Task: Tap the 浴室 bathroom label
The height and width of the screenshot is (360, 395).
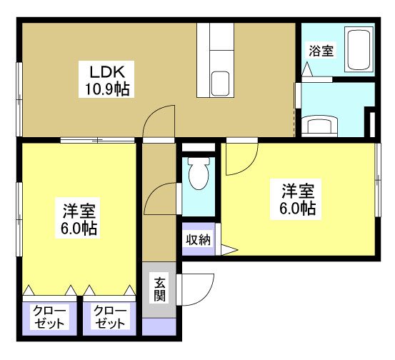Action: pyautogui.click(x=321, y=51)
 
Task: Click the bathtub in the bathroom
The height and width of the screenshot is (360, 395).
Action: pyautogui.click(x=359, y=49)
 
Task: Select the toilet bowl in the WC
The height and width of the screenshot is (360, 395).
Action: pyautogui.click(x=199, y=174)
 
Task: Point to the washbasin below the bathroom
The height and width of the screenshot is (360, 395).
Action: pyautogui.click(x=319, y=126)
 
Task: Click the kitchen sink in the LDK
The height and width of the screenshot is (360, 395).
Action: pyautogui.click(x=220, y=84)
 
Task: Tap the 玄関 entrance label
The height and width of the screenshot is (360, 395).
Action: pyautogui.click(x=159, y=289)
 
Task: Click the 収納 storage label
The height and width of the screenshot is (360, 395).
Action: pyautogui.click(x=199, y=239)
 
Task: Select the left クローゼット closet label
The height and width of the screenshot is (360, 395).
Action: pyautogui.click(x=49, y=316)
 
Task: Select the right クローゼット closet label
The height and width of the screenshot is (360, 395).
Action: pyautogui.click(x=110, y=316)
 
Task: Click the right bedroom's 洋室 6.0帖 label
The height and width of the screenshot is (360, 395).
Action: pyautogui.click(x=298, y=199)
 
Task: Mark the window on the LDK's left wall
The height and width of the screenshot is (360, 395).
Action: pyautogui.click(x=19, y=99)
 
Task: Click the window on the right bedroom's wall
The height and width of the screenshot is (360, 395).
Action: pyautogui.click(x=378, y=180)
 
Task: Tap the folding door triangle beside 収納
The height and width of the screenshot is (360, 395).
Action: pyautogui.click(x=229, y=250)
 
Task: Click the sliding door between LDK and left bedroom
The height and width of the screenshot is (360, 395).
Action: pyautogui.click(x=98, y=140)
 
